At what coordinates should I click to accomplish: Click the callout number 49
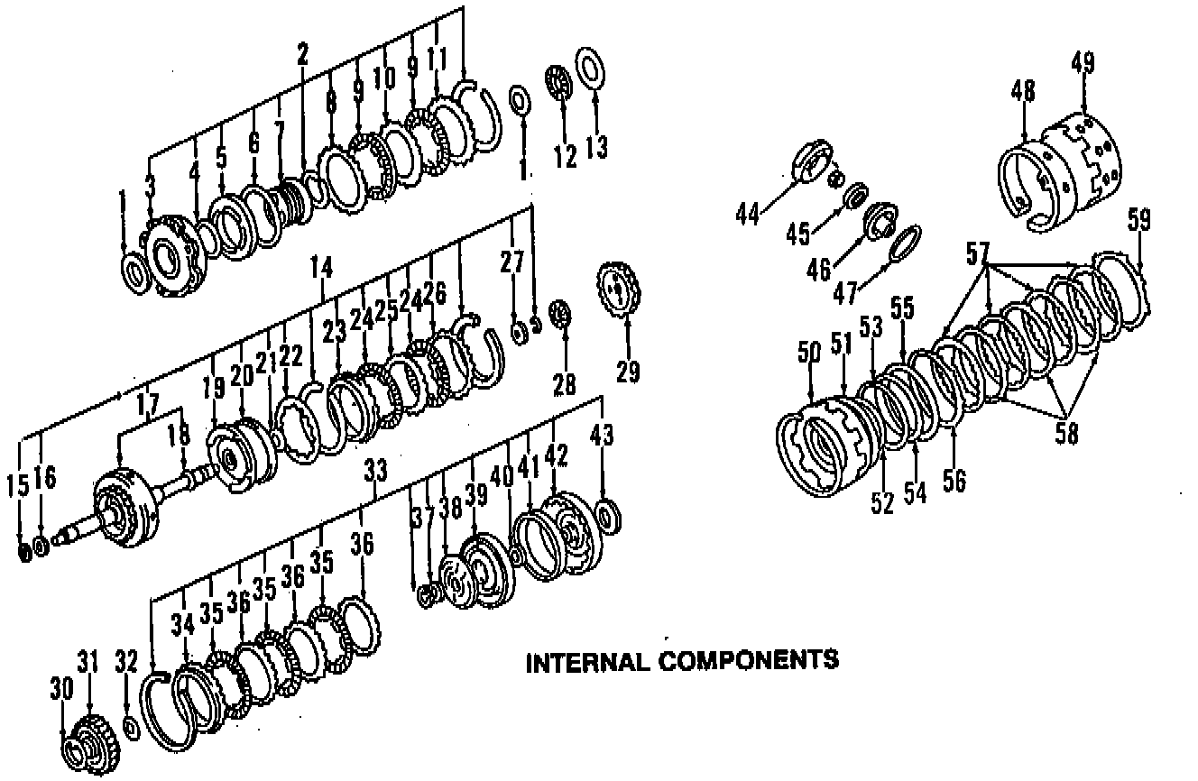tap(1083, 63)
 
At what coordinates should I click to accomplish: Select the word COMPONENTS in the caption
tap(748, 660)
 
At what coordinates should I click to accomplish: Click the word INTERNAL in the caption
tap(586, 662)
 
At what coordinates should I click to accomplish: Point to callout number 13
tap(596, 146)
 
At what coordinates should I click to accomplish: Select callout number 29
tap(628, 371)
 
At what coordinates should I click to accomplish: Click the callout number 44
tap(748, 214)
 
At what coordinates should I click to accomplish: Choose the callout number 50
tap(809, 352)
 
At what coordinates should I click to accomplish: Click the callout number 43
tap(601, 436)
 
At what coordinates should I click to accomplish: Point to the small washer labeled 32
tap(130, 726)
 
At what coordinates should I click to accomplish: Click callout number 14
tap(322, 267)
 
